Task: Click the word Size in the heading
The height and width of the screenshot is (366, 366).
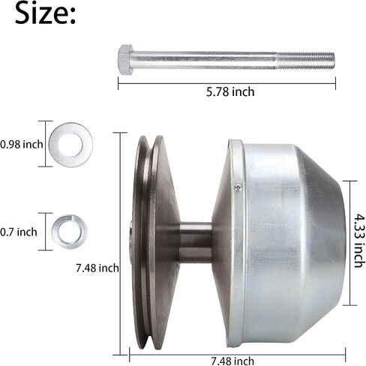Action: [x=41, y=13]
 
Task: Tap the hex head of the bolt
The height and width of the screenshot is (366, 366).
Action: [x=125, y=59]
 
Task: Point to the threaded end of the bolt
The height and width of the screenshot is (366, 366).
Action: [x=305, y=61]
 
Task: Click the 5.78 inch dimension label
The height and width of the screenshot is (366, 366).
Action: [x=230, y=91]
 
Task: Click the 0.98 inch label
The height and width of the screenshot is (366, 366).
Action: [x=22, y=144]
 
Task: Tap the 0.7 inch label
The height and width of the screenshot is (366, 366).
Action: [x=19, y=232]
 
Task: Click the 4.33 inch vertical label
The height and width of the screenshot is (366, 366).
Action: [x=360, y=240]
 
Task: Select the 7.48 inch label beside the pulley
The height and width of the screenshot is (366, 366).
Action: [x=97, y=268]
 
